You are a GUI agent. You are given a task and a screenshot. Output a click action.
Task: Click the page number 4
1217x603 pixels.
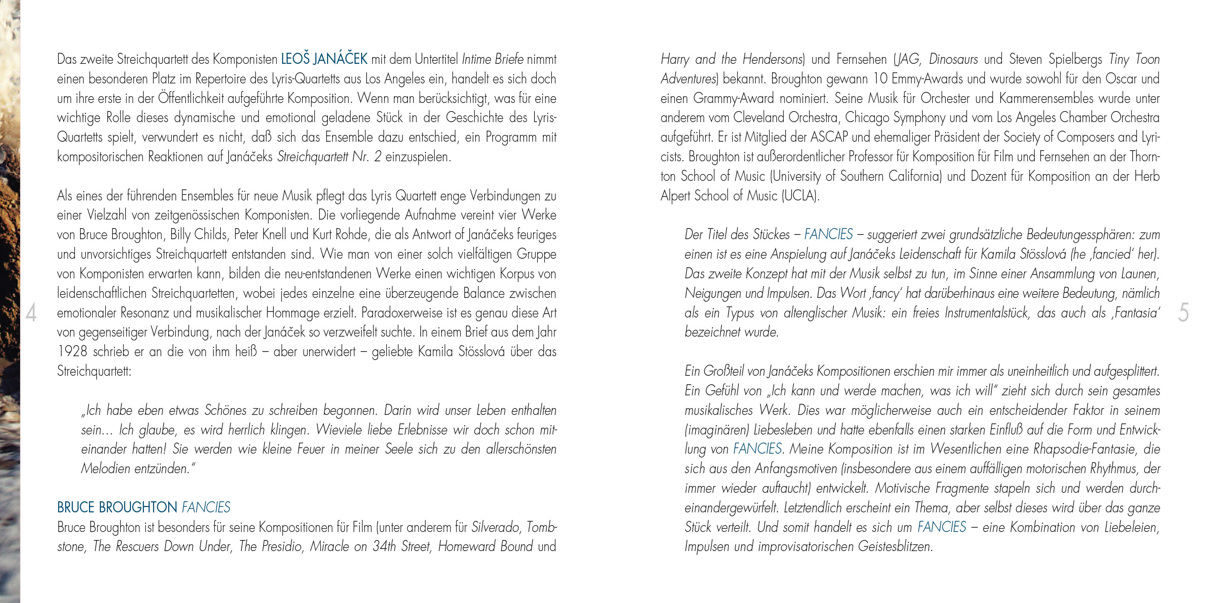click(31, 313)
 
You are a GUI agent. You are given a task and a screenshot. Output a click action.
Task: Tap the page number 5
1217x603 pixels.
click(1183, 313)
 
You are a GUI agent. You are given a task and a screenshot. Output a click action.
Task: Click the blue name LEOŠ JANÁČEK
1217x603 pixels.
click(324, 59)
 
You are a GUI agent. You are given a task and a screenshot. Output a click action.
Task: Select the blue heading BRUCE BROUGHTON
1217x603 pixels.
click(117, 507)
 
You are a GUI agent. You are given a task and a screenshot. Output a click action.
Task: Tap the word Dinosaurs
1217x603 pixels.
click(953, 60)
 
